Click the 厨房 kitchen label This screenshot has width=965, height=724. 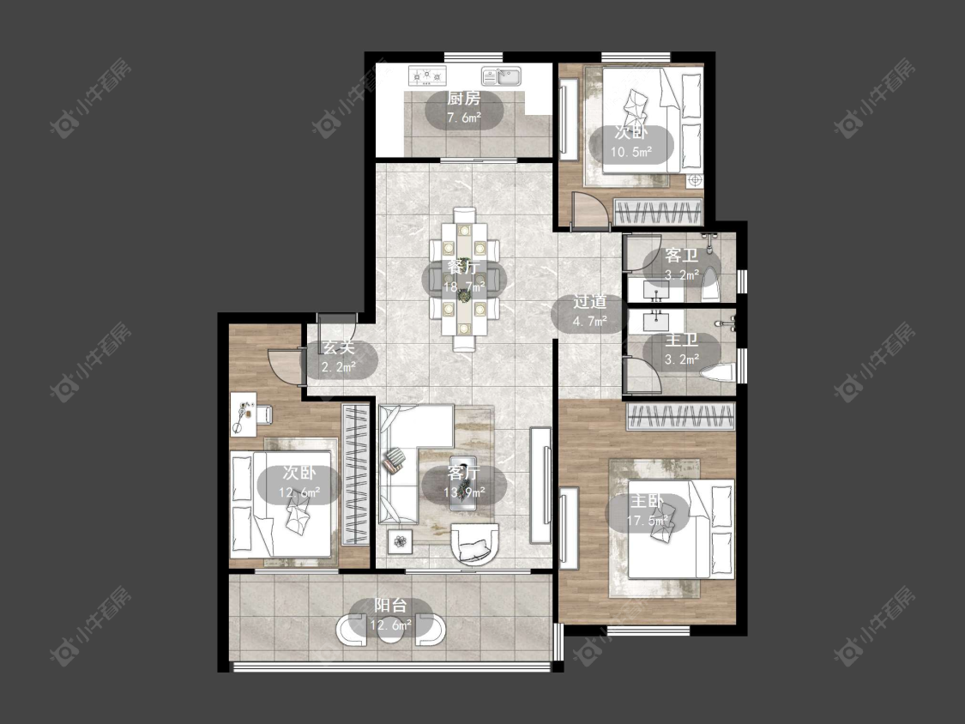(x=464, y=98)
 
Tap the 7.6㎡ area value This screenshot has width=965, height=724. (x=464, y=118)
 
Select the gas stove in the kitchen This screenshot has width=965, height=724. (x=427, y=75)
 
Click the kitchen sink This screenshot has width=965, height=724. (x=501, y=75)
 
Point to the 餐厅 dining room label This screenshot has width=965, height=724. (x=464, y=267)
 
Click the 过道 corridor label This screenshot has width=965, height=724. (x=589, y=301)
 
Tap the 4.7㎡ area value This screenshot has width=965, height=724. (x=589, y=321)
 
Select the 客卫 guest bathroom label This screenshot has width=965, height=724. (x=681, y=255)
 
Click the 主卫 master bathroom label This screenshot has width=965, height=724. (x=681, y=339)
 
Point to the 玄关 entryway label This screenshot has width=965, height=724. (x=339, y=347)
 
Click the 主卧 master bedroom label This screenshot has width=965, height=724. (x=647, y=501)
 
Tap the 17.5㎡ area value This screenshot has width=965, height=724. (x=648, y=521)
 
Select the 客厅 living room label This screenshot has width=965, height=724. (x=464, y=472)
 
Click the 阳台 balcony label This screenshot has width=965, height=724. (x=391, y=605)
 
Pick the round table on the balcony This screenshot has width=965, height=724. (x=390, y=629)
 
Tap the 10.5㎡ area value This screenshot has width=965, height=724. (x=630, y=152)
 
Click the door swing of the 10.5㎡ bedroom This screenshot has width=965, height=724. (x=588, y=209)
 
